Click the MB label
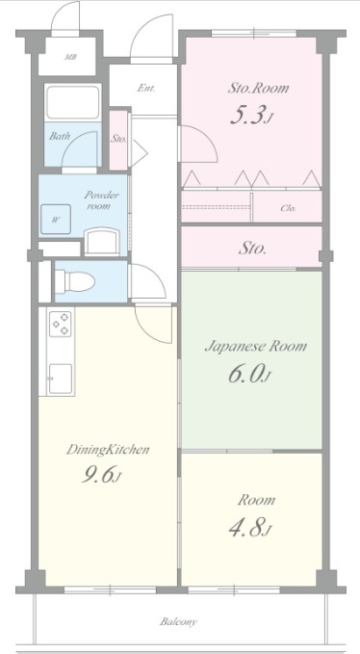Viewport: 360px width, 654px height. click(70, 57)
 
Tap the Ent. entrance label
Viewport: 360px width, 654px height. click(146, 88)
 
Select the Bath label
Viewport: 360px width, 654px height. click(60, 136)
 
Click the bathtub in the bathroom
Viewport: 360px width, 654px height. click(72, 103)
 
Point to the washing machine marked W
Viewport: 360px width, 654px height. click(56, 220)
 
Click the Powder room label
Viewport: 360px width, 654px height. click(102, 199)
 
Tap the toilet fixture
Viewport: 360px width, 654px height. click(74, 281)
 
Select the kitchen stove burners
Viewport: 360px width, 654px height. click(61, 324)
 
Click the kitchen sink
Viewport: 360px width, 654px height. click(61, 379)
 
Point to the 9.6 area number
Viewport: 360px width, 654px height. click(101, 476)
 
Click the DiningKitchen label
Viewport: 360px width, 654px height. click(108, 450)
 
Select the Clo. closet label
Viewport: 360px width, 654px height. click(288, 208)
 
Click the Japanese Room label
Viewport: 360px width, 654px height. click(256, 347)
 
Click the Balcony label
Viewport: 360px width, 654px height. click(178, 622)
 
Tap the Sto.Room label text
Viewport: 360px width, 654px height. click(258, 88)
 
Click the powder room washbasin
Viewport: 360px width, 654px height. click(102, 242)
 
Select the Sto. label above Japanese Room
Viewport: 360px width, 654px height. click(252, 249)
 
